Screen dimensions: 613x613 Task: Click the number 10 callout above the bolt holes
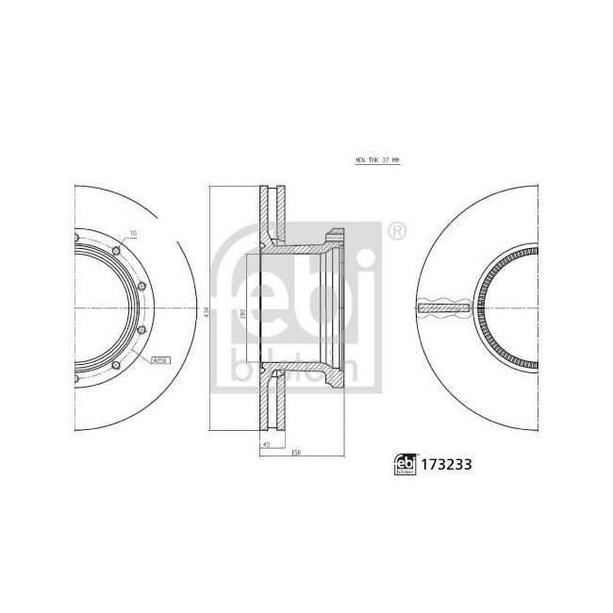click(x=132, y=232)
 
